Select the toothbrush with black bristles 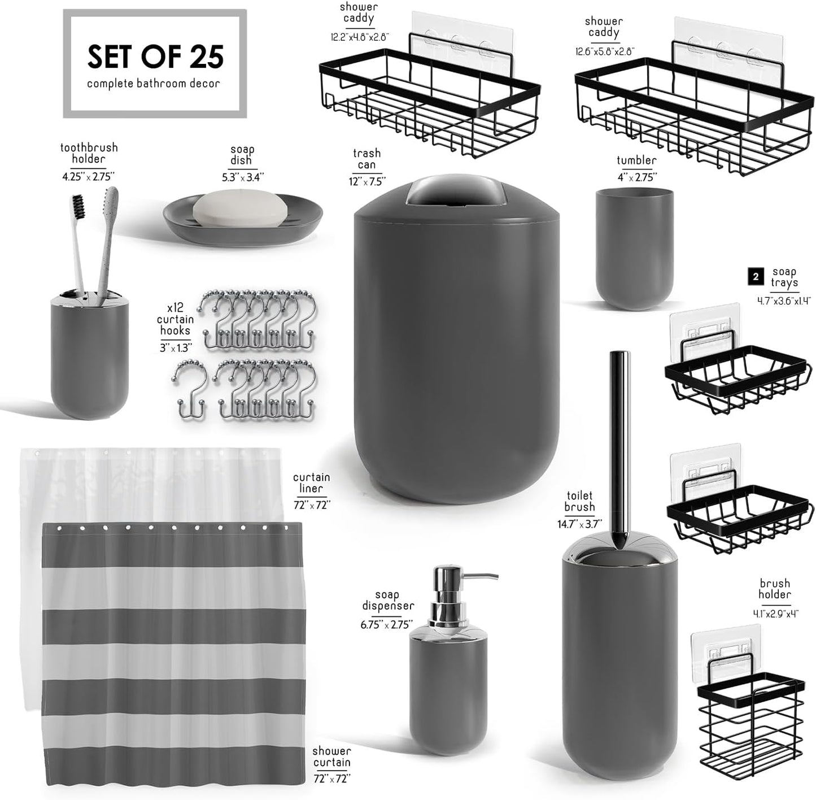coord(79,237)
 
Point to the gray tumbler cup coord(634,249)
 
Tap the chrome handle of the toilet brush coord(619,441)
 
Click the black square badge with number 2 coord(756,276)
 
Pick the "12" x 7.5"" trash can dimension coord(366,181)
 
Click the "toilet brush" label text coord(580,502)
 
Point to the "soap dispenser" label coord(387,600)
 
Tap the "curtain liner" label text coord(311,482)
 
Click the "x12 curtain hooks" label coord(175,319)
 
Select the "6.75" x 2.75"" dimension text coord(387,625)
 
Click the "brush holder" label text coord(775,589)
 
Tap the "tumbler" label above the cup coord(636,160)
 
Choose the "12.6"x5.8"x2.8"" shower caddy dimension coord(604,51)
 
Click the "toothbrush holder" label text coord(89,153)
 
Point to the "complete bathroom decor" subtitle coord(154,84)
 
